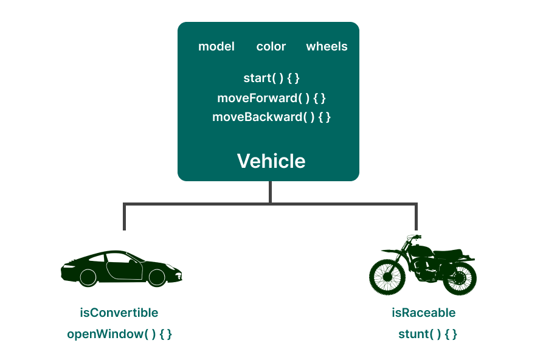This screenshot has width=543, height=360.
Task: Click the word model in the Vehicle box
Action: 216,47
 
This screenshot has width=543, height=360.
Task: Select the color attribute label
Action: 271,47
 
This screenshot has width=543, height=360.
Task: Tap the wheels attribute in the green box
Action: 327,47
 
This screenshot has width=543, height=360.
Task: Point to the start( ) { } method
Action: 271,78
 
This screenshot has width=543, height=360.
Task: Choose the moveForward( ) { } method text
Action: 271,98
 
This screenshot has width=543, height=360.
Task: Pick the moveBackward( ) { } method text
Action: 271,117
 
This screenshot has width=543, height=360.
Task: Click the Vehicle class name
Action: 271,161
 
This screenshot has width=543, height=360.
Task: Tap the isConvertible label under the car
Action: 119,313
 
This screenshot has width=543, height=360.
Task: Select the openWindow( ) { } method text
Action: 119,334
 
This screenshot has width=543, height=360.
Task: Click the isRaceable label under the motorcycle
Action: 423,313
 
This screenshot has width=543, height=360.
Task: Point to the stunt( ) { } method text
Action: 427,334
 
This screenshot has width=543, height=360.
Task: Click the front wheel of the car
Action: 157,277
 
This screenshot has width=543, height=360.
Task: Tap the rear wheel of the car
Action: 88,277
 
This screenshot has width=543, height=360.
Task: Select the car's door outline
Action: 125,267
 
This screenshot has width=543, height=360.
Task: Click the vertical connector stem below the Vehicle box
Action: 270,192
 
